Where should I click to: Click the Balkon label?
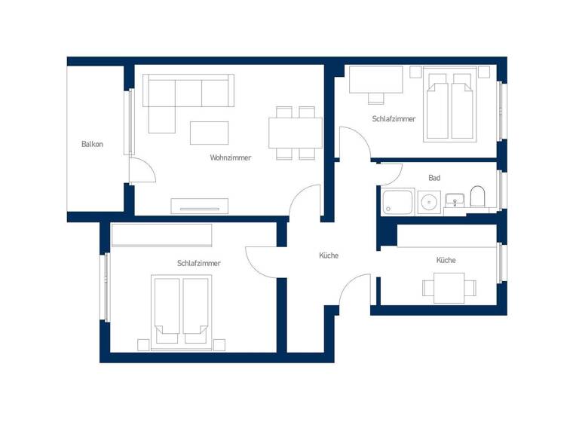click(92, 144)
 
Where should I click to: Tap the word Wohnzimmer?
click(231, 157)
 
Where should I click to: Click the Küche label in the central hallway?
click(329, 255)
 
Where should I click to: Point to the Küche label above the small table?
click(446, 260)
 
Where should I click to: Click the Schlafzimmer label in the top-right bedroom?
click(394, 119)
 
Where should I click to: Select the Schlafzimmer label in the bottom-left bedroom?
click(199, 263)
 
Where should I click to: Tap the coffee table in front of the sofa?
click(209, 133)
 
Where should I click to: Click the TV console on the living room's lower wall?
click(199, 205)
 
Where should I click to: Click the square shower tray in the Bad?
click(397, 203)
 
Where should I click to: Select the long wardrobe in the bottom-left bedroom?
click(161, 235)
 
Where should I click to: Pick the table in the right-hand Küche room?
click(449, 287)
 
